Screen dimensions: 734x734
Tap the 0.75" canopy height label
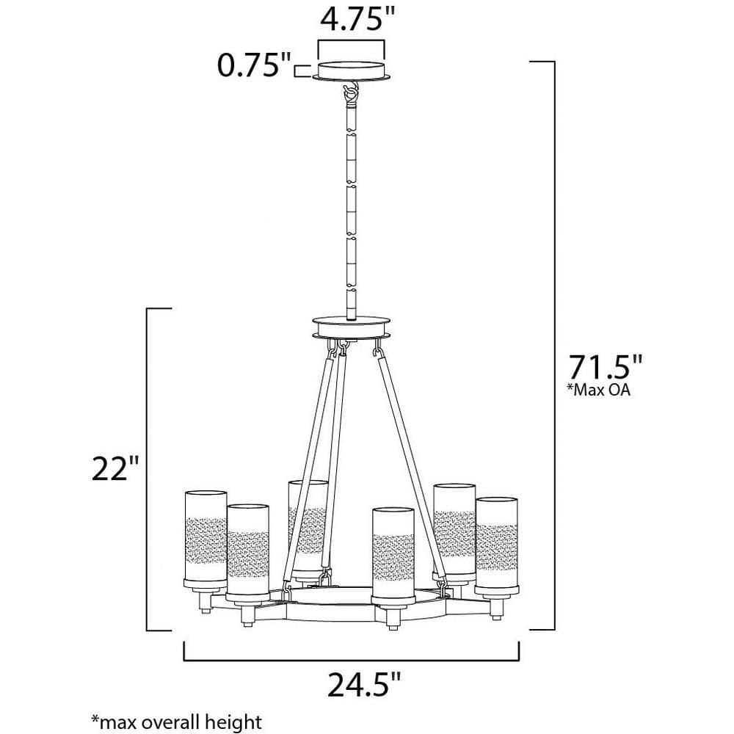point(254,65)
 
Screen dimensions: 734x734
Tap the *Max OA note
point(599,390)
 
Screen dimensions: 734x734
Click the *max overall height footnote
point(176,722)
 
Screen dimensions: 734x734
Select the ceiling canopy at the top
point(351,70)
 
